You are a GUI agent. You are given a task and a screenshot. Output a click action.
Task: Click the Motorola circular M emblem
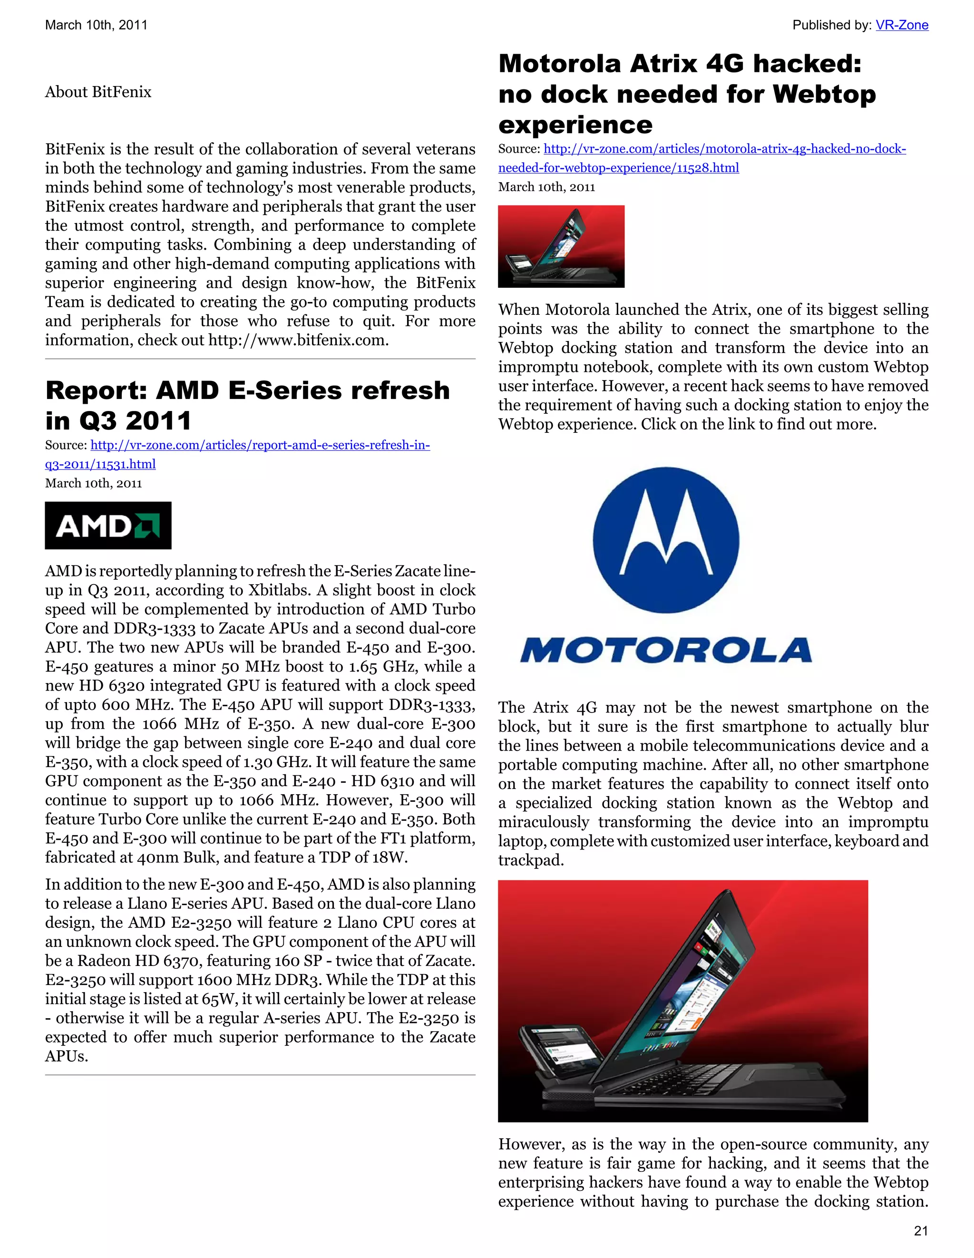pyautogui.click(x=665, y=540)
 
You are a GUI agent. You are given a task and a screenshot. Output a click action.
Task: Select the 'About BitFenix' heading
pyautogui.click(x=98, y=92)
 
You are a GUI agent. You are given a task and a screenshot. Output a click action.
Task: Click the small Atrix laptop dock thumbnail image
pyautogui.click(x=561, y=246)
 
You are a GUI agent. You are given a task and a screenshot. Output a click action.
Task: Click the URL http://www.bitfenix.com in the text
pyautogui.click(x=297, y=341)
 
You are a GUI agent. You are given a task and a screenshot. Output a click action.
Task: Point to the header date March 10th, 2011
pyautogui.click(x=96, y=25)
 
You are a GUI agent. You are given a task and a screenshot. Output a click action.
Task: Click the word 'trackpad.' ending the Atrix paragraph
pyautogui.click(x=530, y=860)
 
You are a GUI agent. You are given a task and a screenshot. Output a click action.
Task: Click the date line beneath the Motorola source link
pyautogui.click(x=546, y=187)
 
